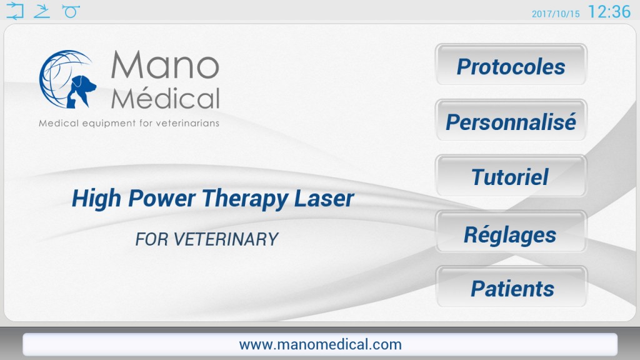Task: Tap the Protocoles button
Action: [511, 65]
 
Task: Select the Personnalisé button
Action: [511, 121]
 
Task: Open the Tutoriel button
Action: [511, 176]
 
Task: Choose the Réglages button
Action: [511, 231]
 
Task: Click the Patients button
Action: [511, 287]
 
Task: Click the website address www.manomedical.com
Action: [321, 344]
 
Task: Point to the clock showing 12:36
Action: [609, 11]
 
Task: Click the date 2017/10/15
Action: [556, 14]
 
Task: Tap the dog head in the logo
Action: [83, 90]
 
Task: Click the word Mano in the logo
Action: [165, 64]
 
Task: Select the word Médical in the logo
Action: [165, 97]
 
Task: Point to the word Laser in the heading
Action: [324, 198]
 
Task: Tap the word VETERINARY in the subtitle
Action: [226, 239]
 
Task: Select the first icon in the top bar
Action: [15, 11]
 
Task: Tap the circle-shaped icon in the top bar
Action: [71, 11]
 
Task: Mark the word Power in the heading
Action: [162, 198]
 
